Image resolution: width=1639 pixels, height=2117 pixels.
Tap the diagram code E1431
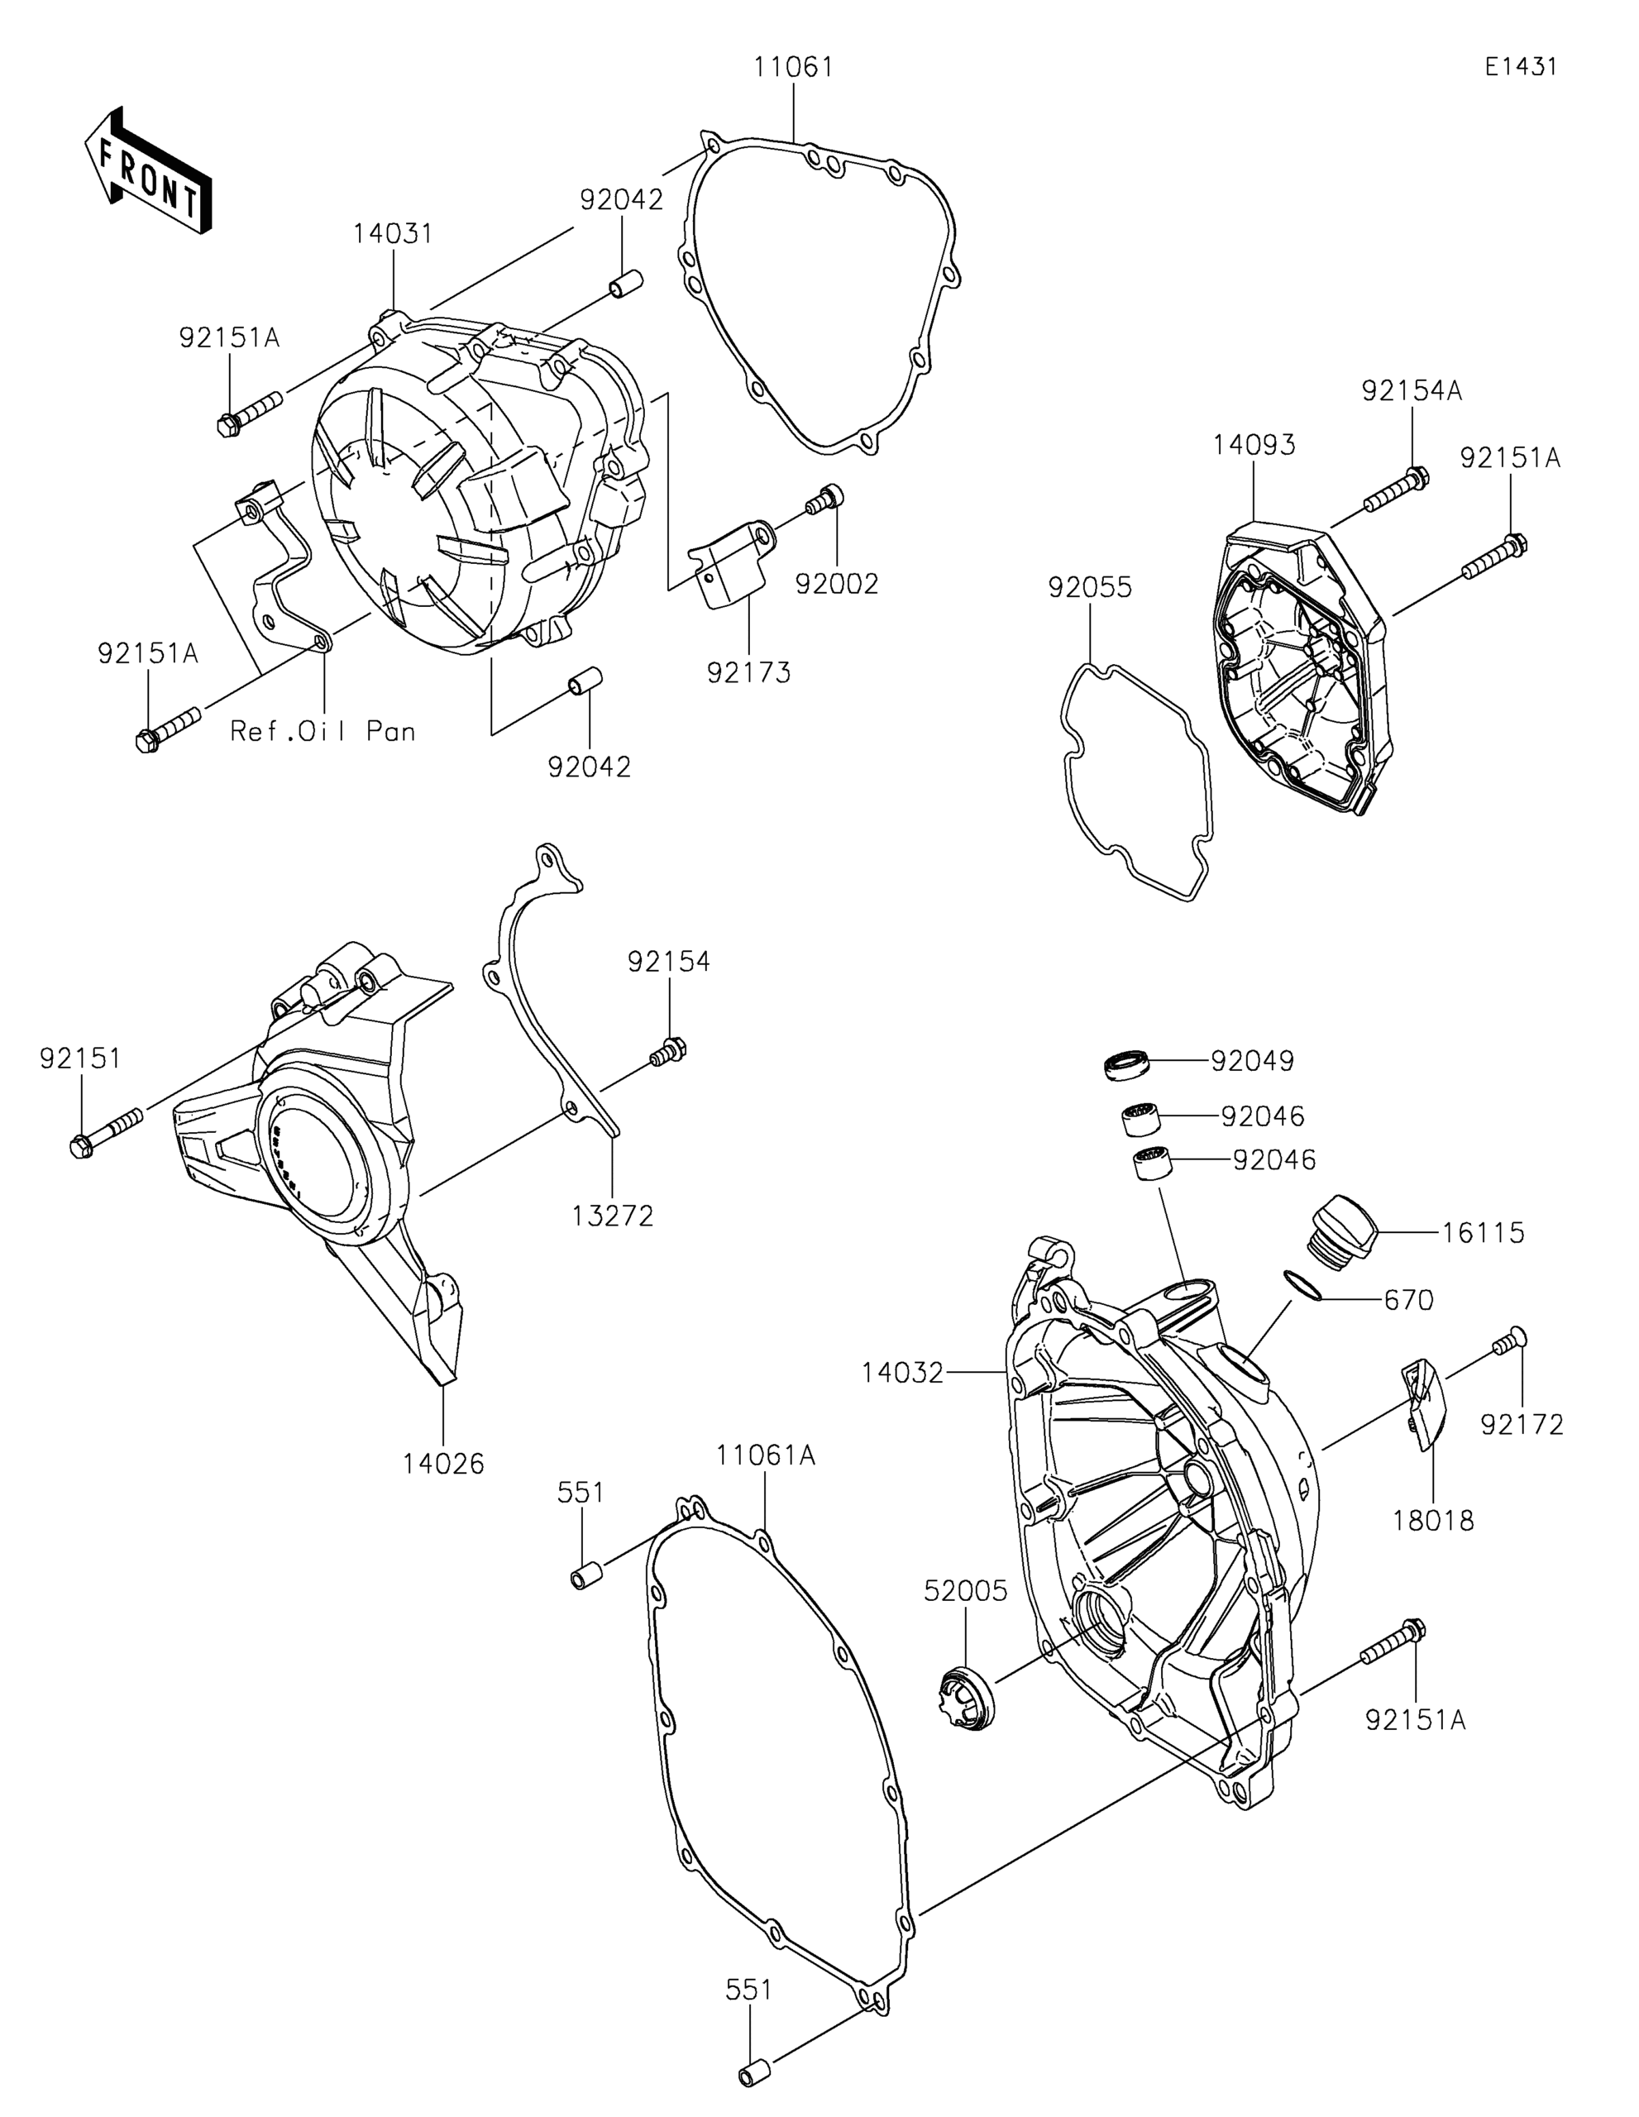coord(1521,67)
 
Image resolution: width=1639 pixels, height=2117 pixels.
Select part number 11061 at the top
coord(794,68)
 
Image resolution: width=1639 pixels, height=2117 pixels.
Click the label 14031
coord(393,233)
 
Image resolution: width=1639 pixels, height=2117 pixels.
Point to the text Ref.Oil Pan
coord(323,731)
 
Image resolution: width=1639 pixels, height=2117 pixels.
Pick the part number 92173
coord(748,671)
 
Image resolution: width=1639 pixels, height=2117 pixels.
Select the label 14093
coord(1254,445)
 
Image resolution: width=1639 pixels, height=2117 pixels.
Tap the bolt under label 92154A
coord(1396,490)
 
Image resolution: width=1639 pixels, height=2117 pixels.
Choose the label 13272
coord(613,1216)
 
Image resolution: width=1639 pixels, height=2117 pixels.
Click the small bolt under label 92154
coord(669,1052)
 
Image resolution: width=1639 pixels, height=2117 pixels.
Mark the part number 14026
coord(444,1464)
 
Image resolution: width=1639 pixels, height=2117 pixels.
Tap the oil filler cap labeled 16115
coord(1345,1232)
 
